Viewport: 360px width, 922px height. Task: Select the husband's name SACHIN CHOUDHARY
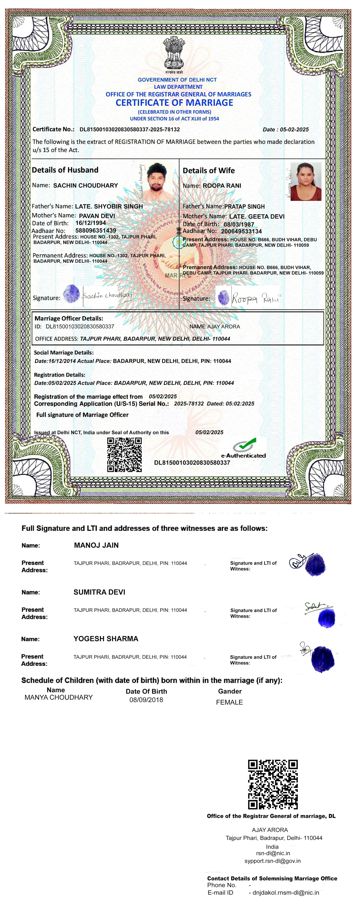tap(85, 185)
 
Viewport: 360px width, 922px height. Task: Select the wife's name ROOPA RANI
tap(222, 186)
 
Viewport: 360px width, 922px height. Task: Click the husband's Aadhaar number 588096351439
tap(96, 230)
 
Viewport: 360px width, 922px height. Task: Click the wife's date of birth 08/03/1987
tap(239, 224)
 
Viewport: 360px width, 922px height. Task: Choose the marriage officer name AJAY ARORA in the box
tap(224, 326)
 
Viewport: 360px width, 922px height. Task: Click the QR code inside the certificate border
tap(124, 455)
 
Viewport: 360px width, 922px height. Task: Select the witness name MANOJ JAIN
tap(96, 545)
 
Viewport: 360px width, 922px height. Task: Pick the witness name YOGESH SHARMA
tap(106, 638)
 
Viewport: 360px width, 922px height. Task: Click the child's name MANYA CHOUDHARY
tap(59, 697)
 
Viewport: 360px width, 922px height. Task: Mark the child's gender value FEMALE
tap(229, 702)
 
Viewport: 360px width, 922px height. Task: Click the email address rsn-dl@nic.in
tap(273, 853)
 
